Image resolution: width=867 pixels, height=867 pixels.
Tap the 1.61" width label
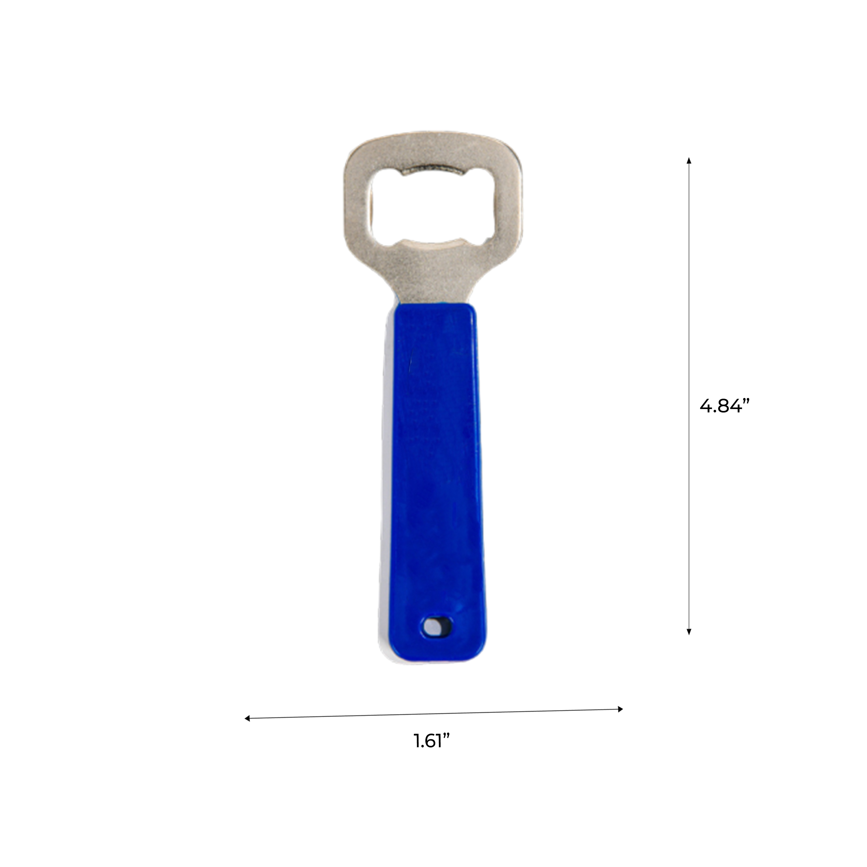[x=431, y=741]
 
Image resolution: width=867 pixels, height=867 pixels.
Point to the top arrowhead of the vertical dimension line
[x=689, y=160]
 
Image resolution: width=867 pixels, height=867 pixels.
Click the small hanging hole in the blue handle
[x=434, y=626]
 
